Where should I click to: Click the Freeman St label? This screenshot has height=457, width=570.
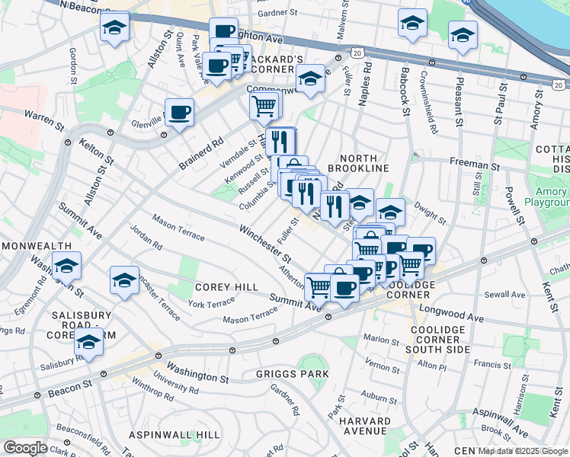(x=474, y=164)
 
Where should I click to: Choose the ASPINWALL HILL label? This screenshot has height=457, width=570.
(x=174, y=435)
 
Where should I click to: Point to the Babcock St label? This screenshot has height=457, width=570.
(x=405, y=100)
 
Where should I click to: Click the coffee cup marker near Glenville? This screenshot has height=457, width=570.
(x=179, y=113)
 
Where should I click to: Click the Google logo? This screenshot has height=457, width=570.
(x=25, y=448)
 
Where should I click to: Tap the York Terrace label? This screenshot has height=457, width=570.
(x=211, y=303)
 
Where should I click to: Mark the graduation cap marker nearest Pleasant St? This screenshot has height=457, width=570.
(x=463, y=35)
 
